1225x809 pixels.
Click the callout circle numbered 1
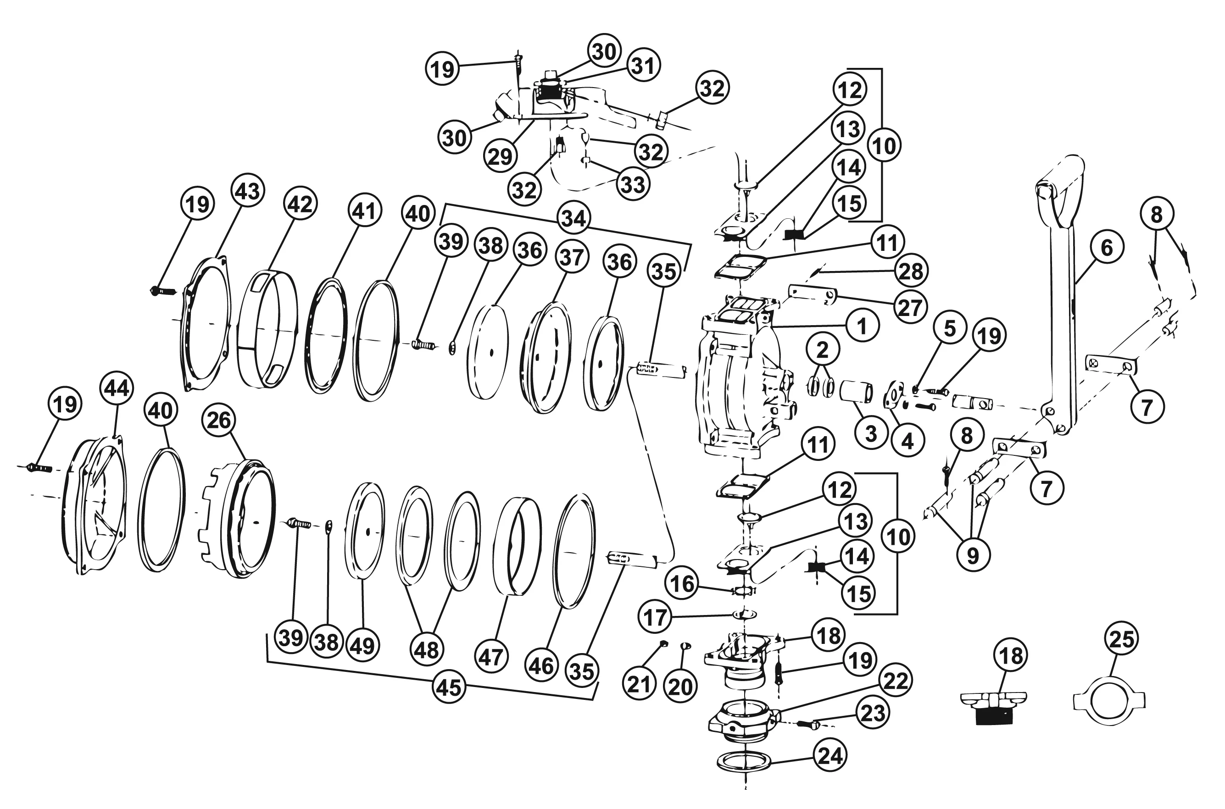click(x=862, y=326)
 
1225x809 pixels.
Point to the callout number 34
click(x=574, y=218)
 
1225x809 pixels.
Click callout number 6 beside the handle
click(x=1107, y=248)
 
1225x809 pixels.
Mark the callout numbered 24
click(x=831, y=756)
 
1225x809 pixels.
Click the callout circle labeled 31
click(x=643, y=66)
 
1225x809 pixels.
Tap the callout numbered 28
click(x=911, y=271)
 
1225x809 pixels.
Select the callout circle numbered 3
click(x=870, y=433)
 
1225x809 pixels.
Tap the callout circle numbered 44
click(x=117, y=388)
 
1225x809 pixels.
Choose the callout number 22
click(x=895, y=681)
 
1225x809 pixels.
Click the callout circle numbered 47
click(x=491, y=657)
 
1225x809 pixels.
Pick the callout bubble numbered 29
click(x=500, y=156)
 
